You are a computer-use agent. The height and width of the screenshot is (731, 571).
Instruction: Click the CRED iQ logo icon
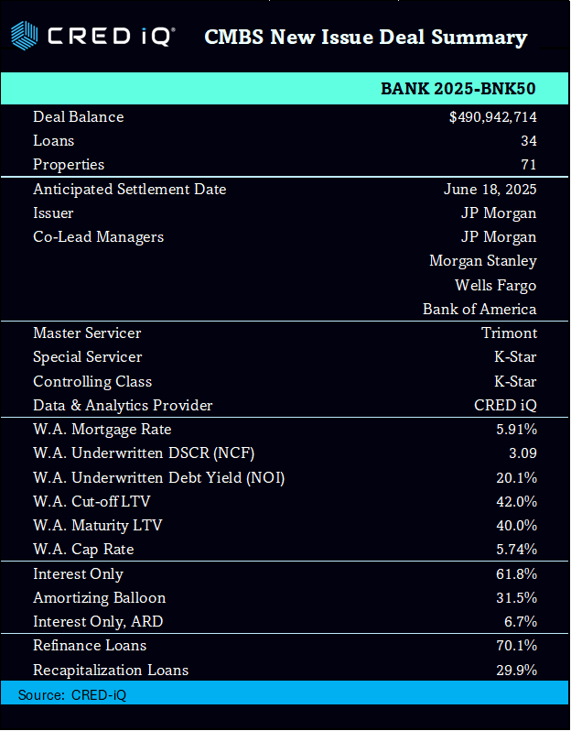coord(25,37)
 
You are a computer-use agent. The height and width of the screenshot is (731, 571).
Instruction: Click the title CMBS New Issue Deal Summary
coord(365,38)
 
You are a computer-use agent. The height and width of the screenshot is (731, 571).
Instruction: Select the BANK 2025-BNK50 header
coord(458,88)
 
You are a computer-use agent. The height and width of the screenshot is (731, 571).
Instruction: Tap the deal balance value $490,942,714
coord(492,117)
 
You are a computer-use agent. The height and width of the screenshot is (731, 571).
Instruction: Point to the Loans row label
coord(54,141)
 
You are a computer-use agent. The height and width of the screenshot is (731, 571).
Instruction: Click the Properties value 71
coord(527,165)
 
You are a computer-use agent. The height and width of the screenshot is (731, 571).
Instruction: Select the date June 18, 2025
coord(490,190)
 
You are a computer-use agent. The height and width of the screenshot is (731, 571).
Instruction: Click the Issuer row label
coord(53,213)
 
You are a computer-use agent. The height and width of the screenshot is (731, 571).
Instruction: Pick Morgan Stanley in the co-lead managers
coord(482,261)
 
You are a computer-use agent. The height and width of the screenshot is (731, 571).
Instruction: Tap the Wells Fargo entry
coord(495,285)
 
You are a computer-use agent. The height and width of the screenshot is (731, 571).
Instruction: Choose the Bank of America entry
coord(479,309)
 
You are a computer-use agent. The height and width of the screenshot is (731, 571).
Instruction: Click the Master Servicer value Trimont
coord(509,333)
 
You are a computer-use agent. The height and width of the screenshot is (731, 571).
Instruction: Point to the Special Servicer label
coord(88,357)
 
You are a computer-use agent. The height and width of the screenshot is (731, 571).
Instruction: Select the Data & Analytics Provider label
coord(123,405)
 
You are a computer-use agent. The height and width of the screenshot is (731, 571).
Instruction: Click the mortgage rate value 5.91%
coord(516,430)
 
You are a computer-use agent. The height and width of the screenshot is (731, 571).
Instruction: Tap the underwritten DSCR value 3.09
coord(521,453)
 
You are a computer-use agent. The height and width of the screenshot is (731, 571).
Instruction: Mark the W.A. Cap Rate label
coord(83,550)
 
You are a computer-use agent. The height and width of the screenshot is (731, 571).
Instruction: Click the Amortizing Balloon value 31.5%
coord(516,598)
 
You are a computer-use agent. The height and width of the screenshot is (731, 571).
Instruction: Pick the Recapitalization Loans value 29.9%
coord(516,670)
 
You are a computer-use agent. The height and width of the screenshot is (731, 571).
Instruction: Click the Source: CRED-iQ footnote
coord(72,695)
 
